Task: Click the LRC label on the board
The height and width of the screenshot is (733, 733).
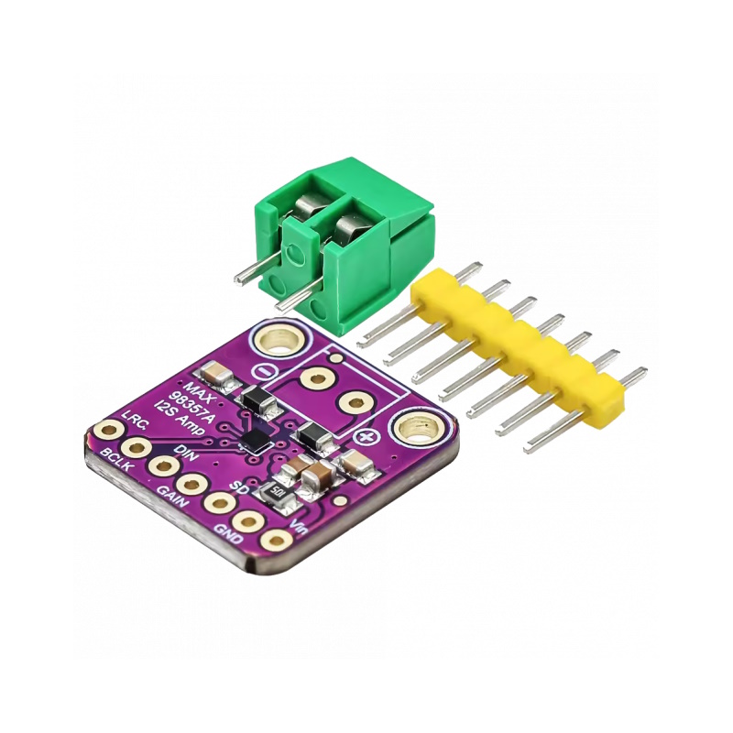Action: point(136,420)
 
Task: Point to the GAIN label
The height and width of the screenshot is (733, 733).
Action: point(172,497)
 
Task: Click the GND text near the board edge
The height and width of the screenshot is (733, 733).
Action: point(228,534)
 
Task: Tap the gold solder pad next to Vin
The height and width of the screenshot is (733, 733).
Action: point(277,541)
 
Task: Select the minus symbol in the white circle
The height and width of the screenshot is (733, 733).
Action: point(264,372)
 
